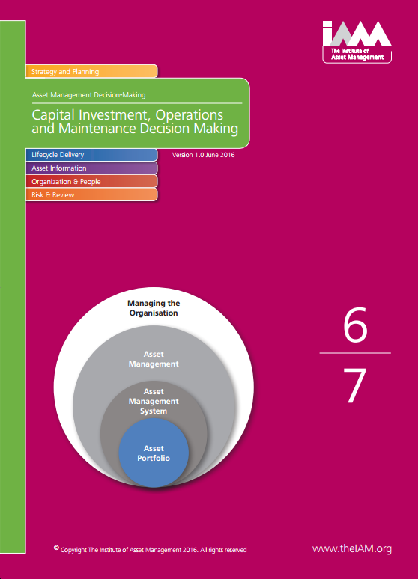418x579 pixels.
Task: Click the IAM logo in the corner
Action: point(357,41)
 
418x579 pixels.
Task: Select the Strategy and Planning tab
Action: point(91,71)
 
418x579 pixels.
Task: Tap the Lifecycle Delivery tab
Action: point(91,155)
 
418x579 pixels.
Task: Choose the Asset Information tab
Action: point(91,168)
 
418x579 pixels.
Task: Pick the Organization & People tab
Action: point(91,181)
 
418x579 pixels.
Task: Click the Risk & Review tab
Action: point(91,194)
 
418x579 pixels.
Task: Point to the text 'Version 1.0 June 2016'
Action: point(204,155)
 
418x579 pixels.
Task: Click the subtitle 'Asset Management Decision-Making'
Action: point(89,95)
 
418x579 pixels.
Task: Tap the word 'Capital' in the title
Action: point(53,115)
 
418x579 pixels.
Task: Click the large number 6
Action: point(355,325)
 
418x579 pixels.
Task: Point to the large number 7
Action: point(355,385)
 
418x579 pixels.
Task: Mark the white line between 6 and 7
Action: point(355,353)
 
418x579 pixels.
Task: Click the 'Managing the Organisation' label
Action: point(154,308)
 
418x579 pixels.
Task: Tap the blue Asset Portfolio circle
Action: point(154,453)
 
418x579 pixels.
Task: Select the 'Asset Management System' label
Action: point(154,401)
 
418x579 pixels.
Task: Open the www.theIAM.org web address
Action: point(352,549)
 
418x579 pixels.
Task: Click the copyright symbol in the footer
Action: point(56,548)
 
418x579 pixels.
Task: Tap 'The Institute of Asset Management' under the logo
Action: point(357,54)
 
